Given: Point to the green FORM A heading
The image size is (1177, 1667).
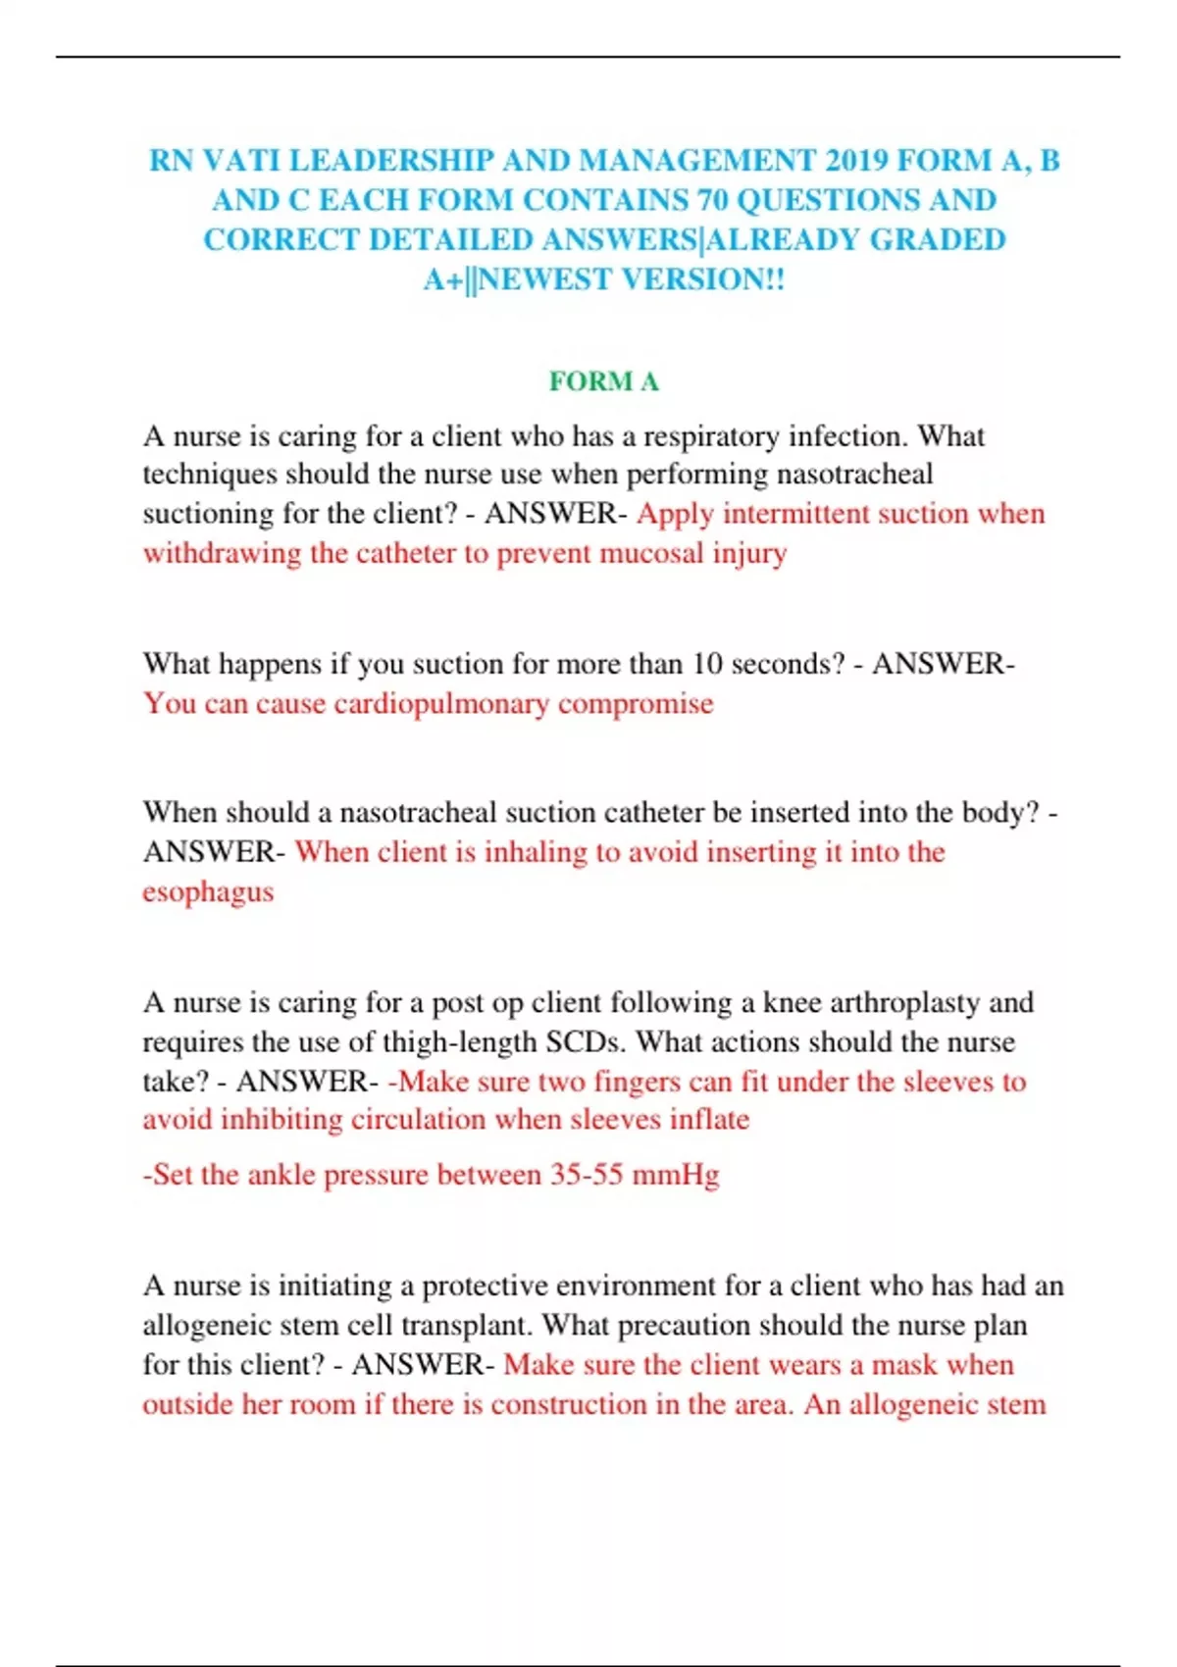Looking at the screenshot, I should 603,381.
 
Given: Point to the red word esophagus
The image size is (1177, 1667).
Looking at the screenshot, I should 208,892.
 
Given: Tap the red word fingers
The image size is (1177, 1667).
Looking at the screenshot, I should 637,1082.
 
